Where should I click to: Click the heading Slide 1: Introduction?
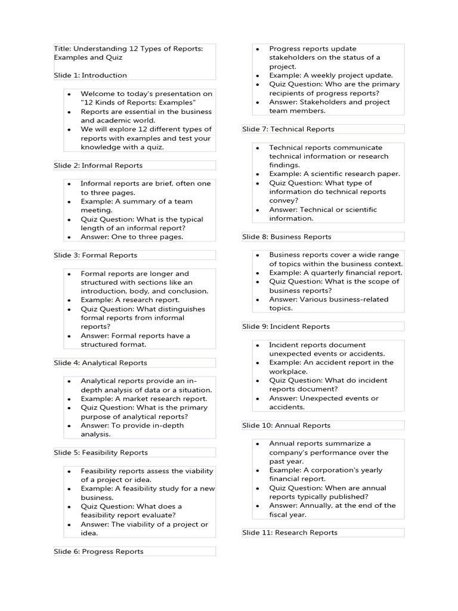pyautogui.click(x=90, y=75)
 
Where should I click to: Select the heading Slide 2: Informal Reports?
pyautogui.click(x=98, y=165)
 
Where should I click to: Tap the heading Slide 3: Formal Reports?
pyautogui.click(x=95, y=255)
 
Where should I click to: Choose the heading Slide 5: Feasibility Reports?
pyautogui.click(x=101, y=452)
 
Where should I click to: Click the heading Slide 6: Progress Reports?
pyautogui.click(x=98, y=551)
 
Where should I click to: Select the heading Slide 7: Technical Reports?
pyautogui.click(x=288, y=129)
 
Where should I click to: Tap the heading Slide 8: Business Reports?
pyautogui.click(x=287, y=237)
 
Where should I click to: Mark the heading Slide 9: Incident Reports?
pyautogui.click(x=286, y=326)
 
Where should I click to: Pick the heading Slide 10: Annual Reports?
pyautogui.click(x=286, y=425)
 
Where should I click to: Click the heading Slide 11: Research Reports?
pyautogui.click(x=290, y=532)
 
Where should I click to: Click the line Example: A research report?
pyautogui.click(x=130, y=300)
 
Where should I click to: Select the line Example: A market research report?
pyautogui.click(x=144, y=399)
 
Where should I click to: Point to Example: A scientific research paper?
pyautogui.click(x=335, y=174)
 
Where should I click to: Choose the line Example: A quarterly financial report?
pyautogui.click(x=336, y=273)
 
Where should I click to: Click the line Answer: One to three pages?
pyautogui.click(x=132, y=237)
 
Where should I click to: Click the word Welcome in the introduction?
pyautogui.click(x=97, y=94)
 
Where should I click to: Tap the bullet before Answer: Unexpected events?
pyautogui.click(x=256, y=399)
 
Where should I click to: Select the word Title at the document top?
pyautogui.click(x=61, y=49)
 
